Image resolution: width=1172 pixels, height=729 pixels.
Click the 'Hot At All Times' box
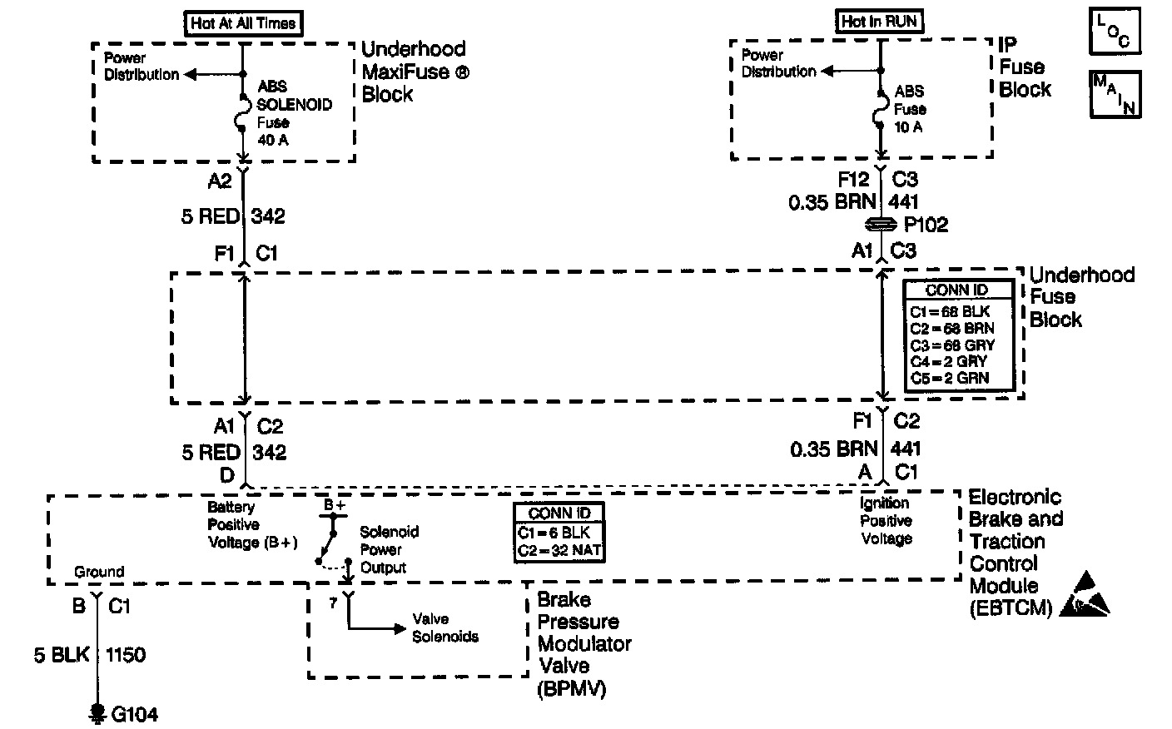coord(243,23)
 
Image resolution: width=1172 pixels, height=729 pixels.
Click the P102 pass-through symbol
coord(881,225)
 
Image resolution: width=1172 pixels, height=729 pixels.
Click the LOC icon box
coord(1114,32)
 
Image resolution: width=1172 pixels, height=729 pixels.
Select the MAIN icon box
coord(1114,92)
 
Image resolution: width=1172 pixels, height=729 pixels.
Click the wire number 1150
coord(126,656)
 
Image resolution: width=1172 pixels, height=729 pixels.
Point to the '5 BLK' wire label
coord(62,656)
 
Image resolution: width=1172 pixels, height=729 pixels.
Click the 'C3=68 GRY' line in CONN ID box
coord(952,345)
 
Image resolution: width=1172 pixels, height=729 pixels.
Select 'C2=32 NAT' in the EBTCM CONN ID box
coord(559,549)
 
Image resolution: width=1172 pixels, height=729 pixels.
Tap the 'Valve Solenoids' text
coord(445,628)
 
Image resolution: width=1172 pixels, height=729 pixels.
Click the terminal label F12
coord(854,179)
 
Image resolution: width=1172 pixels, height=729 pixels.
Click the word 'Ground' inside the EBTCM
coord(99,572)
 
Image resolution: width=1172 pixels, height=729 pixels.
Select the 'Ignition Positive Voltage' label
coord(886,521)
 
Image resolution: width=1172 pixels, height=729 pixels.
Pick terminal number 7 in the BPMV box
coord(333,603)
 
